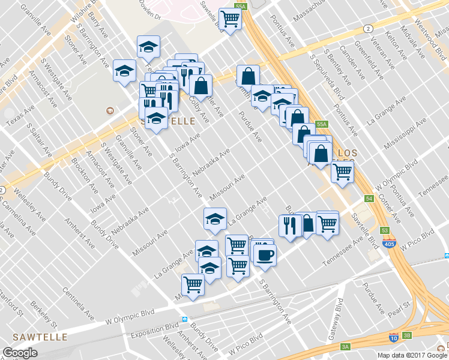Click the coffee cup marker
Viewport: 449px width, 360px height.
click(264, 255)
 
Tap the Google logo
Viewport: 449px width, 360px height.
click(20, 353)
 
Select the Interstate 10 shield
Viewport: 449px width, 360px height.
click(393, 338)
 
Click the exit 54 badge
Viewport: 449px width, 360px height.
click(368, 199)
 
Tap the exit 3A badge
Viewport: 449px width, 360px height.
click(345, 346)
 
